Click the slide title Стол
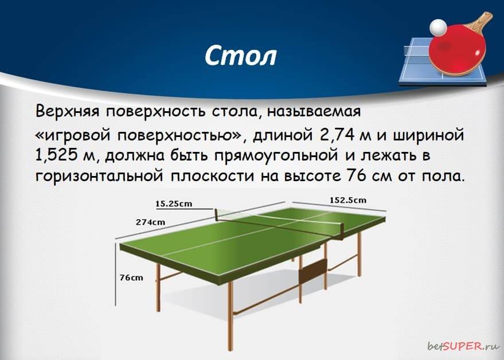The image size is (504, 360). click(240, 56)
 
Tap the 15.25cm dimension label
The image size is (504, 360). click(174, 204)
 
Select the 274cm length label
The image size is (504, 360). click(150, 222)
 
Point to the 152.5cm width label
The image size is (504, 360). click(348, 200)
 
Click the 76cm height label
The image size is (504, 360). click(131, 277)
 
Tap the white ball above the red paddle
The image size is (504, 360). click(438, 27)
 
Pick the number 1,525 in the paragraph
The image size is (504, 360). click(57, 155)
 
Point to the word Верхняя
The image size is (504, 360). click(68, 112)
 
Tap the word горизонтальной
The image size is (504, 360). click(99, 176)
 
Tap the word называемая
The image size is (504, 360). click(314, 112)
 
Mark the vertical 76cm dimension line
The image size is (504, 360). click(116, 274)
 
